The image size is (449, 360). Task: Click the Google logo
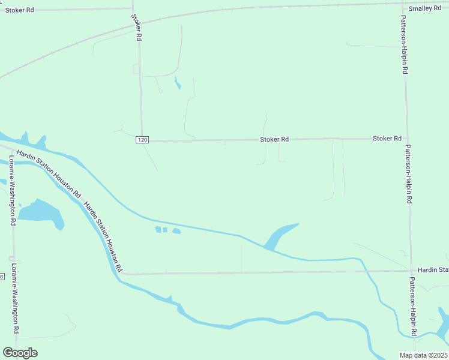click(x=20, y=353)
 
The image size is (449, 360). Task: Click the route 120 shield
click(x=142, y=140)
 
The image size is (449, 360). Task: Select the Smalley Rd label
click(x=425, y=8)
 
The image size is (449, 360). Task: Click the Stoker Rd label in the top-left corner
click(x=20, y=10)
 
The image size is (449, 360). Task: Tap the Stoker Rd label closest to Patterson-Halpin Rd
click(x=387, y=139)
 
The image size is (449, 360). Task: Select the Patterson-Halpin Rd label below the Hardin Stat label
click(x=412, y=306)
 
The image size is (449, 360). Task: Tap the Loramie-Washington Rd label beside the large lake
click(x=11, y=190)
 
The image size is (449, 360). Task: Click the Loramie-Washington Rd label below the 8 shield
click(x=14, y=306)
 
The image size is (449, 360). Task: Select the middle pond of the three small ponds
click(x=165, y=230)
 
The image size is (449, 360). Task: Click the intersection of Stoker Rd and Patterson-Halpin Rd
click(x=407, y=139)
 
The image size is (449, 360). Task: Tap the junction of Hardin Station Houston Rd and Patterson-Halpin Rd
click(x=411, y=271)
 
